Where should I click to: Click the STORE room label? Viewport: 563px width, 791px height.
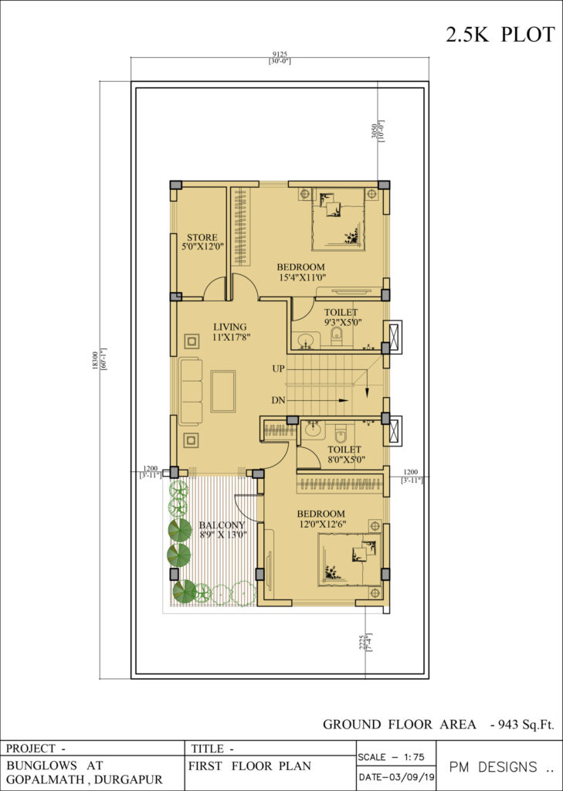tap(202, 237)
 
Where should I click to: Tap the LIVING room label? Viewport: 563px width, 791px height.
tap(229, 327)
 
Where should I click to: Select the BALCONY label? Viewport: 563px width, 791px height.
tap(222, 525)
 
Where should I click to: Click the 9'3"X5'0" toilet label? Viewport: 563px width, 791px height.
tap(341, 321)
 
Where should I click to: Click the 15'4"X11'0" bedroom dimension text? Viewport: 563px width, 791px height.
tap(300, 277)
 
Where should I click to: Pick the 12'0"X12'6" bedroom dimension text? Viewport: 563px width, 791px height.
tap(321, 525)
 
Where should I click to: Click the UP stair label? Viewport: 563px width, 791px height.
tap(278, 369)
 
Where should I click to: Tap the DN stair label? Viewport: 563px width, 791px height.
tap(278, 401)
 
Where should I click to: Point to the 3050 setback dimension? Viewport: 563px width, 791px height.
tap(374, 132)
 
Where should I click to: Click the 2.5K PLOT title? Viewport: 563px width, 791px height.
tap(500, 35)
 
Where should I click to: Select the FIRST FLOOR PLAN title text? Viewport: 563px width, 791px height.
tap(249, 766)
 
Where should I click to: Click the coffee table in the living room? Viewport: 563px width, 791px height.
tap(223, 391)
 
